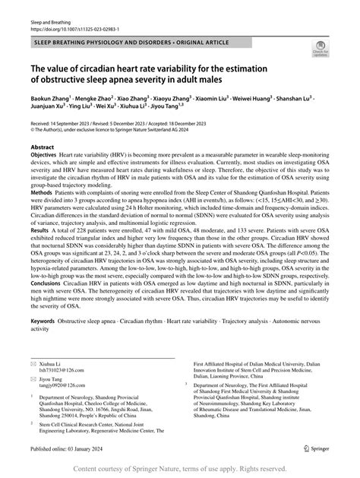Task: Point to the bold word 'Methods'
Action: (x=43, y=193)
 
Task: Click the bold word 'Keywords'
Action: (x=43, y=343)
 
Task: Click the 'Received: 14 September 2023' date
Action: (x=64, y=122)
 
